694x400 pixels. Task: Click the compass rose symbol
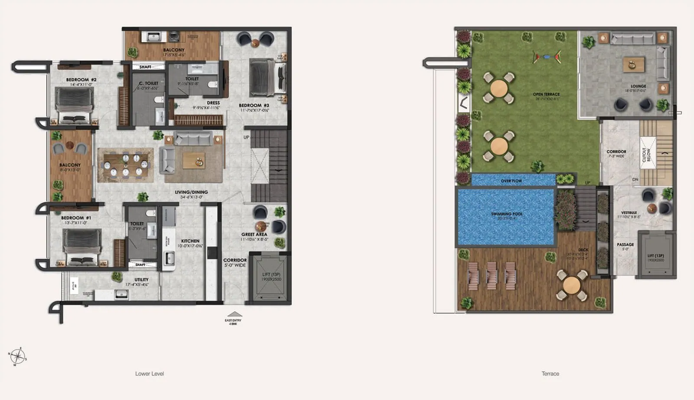17,357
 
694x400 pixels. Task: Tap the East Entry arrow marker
235,314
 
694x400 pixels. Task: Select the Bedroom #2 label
81,80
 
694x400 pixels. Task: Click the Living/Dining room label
191,192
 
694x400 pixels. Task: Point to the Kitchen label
190,241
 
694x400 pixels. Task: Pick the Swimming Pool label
507,214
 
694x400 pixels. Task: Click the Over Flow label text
511,181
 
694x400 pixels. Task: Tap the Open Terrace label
546,94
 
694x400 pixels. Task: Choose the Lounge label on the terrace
638,86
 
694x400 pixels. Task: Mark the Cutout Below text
646,155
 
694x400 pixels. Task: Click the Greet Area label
254,235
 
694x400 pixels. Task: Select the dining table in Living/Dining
125,165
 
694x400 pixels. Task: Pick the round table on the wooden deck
572,285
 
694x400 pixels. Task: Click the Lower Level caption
149,374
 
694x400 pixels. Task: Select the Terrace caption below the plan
550,374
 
